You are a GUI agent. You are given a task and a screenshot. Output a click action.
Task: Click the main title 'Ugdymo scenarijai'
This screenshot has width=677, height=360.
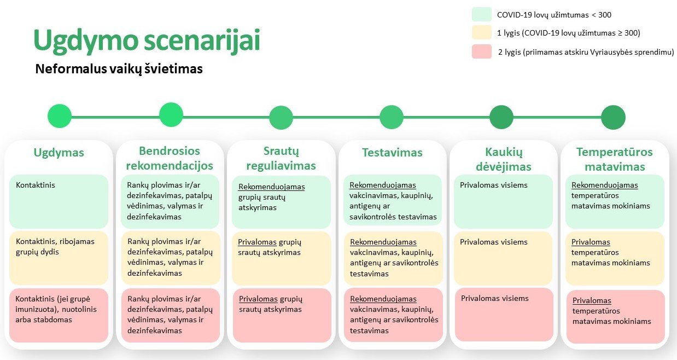pyautogui.click(x=147, y=40)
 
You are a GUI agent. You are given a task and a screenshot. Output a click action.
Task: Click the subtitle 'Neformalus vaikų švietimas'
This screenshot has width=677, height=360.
pyautogui.click(x=119, y=69)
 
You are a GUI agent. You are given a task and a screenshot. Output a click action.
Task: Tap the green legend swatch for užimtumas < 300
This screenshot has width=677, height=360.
pyautogui.click(x=481, y=15)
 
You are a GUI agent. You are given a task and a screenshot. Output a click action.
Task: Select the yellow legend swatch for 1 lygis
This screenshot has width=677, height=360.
pyautogui.click(x=481, y=33)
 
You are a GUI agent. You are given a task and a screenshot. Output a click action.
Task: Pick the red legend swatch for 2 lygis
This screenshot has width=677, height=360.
pyautogui.click(x=481, y=51)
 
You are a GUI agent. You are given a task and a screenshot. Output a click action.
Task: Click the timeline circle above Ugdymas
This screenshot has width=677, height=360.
pyautogui.click(x=60, y=116)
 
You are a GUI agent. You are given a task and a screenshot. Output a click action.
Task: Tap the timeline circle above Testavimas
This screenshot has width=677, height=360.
pyautogui.click(x=392, y=117)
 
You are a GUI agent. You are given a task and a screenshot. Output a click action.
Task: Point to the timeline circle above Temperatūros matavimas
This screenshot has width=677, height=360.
pyautogui.click(x=613, y=117)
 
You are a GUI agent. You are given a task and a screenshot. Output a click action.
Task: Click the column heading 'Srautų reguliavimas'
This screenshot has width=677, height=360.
pyautogui.click(x=281, y=158)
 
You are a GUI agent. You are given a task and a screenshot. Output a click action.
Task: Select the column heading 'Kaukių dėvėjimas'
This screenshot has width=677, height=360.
pyautogui.click(x=504, y=159)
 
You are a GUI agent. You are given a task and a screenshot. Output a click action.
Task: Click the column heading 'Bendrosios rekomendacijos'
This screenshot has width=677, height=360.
pyautogui.click(x=170, y=158)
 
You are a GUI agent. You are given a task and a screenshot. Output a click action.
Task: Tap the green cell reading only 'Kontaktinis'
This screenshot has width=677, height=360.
pyautogui.click(x=59, y=201)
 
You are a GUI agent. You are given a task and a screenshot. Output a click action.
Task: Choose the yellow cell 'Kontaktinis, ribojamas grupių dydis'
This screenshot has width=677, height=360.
pyautogui.click(x=59, y=258)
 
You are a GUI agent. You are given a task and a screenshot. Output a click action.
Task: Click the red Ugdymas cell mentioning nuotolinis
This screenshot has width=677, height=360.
pyautogui.click(x=59, y=315)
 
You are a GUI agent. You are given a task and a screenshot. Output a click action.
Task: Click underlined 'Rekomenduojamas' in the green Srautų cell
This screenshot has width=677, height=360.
pyautogui.click(x=272, y=187)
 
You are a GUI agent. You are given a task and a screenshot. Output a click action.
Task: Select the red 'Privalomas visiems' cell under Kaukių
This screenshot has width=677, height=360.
pyautogui.click(x=504, y=314)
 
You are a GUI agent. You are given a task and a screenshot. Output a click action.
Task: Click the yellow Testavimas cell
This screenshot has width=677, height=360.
pyautogui.click(x=392, y=258)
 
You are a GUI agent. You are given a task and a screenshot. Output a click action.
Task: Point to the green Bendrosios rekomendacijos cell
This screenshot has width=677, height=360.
pyautogui.click(x=170, y=201)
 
